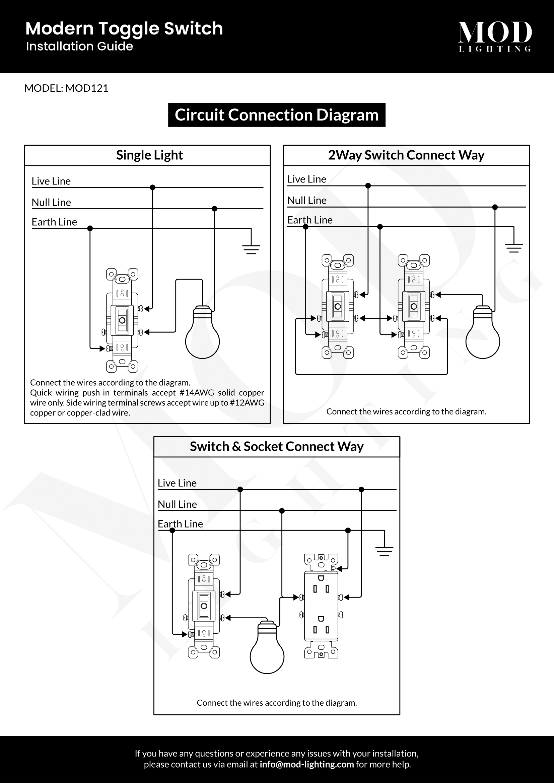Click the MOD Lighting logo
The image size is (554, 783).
tap(494, 36)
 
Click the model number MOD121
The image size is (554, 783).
tap(87, 88)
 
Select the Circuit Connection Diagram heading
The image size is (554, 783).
tap(277, 115)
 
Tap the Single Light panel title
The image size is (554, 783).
tap(149, 155)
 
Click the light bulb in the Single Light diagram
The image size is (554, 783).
tap(202, 334)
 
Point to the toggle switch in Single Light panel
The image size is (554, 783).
tap(122, 320)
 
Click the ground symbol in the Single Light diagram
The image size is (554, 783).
tap(251, 249)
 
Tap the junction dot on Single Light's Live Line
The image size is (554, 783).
tap(152, 187)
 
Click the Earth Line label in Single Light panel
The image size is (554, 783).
tap(54, 222)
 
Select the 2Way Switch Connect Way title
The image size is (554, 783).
tap(406, 155)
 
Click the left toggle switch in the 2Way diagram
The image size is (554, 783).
tap(337, 306)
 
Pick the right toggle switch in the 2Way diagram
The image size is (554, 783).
tap(413, 306)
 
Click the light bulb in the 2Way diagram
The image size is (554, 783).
tap(482, 334)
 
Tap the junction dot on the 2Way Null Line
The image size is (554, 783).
tap(495, 207)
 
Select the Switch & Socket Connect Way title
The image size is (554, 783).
tap(277, 447)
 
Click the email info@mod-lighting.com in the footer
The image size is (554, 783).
tap(306, 764)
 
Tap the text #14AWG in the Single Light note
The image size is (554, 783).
tap(197, 393)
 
